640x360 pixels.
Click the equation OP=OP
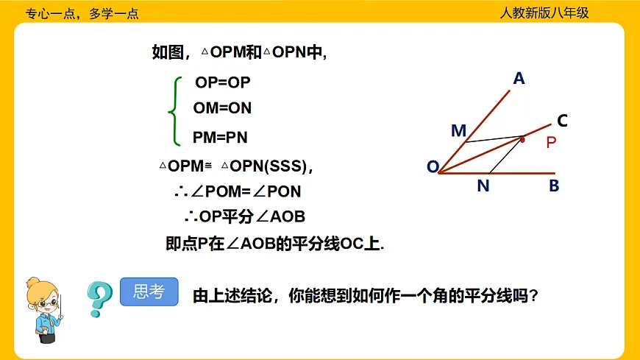(223, 82)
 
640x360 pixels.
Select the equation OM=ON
(222, 108)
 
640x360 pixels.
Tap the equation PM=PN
(221, 137)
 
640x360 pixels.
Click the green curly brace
(174, 111)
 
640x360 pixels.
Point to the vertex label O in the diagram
(433, 167)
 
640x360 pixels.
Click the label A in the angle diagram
(519, 78)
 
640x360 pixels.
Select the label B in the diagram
(554, 186)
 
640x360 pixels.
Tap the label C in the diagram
(562, 120)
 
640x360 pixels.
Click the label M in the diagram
(458, 131)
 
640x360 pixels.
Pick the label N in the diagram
(483, 186)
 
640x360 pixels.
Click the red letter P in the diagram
(551, 143)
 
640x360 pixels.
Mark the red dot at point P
(522, 138)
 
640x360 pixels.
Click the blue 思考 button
(149, 292)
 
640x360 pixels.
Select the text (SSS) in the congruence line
(287, 166)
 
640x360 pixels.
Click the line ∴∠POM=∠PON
(238, 192)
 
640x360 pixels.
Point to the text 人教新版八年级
(544, 13)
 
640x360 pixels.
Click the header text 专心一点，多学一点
(82, 13)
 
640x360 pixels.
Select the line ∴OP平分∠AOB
(244, 217)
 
